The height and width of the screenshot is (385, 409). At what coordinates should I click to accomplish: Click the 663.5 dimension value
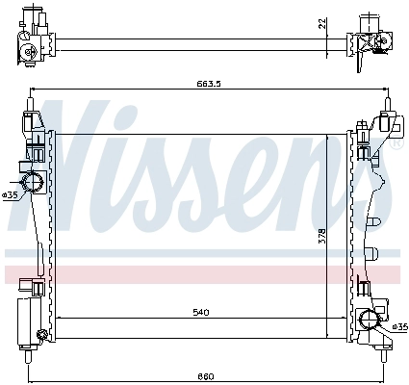tap(209, 84)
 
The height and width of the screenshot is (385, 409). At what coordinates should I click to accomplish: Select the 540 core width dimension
tap(202, 312)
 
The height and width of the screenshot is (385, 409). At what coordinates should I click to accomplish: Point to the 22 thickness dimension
tap(322, 24)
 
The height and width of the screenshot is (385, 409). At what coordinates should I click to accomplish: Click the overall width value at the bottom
tap(205, 376)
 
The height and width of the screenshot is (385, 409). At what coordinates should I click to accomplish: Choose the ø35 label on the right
tap(399, 327)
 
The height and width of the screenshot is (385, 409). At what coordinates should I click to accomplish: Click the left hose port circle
tap(32, 182)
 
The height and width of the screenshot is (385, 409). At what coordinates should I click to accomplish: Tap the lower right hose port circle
tap(370, 320)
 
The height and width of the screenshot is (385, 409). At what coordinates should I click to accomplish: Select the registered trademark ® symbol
tap(396, 142)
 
